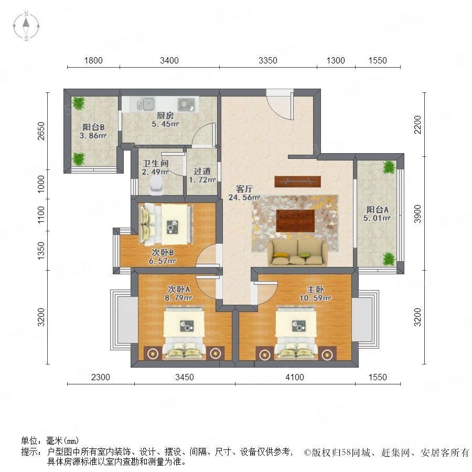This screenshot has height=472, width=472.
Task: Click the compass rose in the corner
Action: pos(26,26)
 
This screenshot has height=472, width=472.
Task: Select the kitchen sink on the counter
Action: pos(145,104)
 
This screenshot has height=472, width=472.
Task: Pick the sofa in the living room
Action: pos(298,253)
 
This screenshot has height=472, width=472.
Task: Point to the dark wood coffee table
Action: pos(295,221)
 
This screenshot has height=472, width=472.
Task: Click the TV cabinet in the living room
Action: pos(297,181)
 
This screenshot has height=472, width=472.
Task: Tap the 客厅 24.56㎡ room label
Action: pos(244,193)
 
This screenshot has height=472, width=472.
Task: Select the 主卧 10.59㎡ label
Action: pos(315,294)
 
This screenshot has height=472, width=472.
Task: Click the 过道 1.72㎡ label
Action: pos(202,176)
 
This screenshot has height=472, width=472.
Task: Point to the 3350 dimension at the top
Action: pos(267,60)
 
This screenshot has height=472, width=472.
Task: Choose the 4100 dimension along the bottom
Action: pos(294,377)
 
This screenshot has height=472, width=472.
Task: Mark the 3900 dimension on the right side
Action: pos(417,214)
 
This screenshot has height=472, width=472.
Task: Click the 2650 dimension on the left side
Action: pos(41,131)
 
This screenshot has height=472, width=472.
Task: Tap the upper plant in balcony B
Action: pos(79,103)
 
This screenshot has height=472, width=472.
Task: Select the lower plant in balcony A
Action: pos(389,259)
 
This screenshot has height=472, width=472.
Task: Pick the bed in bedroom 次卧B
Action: pos(166,224)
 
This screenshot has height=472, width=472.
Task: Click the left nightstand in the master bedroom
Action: pos(265,353)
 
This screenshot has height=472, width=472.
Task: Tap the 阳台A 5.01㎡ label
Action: pos(377,214)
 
